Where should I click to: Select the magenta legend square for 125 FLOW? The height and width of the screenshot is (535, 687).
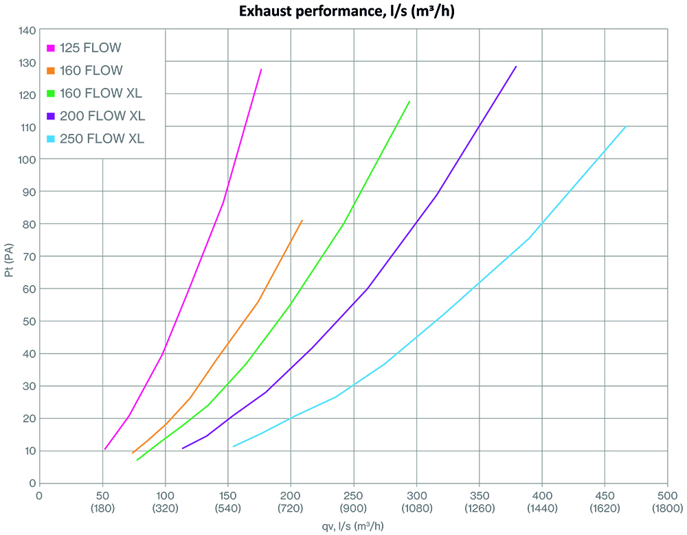(50, 48)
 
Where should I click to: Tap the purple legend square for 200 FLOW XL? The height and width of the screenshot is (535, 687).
(50, 115)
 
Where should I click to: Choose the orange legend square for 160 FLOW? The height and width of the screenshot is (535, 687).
(50, 71)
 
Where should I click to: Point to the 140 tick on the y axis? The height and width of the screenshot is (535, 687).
(27, 30)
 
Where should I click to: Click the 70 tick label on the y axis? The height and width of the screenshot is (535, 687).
(28, 256)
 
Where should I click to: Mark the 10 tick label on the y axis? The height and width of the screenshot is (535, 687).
(28, 451)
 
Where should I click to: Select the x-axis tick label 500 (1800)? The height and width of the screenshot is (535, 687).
(668, 501)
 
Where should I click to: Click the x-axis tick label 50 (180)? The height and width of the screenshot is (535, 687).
(102, 501)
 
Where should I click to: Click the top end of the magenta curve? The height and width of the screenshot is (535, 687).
(261, 69)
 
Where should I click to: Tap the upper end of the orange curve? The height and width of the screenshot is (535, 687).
(302, 220)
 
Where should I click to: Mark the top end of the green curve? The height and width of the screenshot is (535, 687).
(409, 102)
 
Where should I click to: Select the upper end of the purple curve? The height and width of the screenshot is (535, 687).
(516, 67)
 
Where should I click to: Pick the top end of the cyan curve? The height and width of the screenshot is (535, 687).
(625, 126)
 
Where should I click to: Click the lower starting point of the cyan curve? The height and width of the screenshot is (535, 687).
(234, 446)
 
